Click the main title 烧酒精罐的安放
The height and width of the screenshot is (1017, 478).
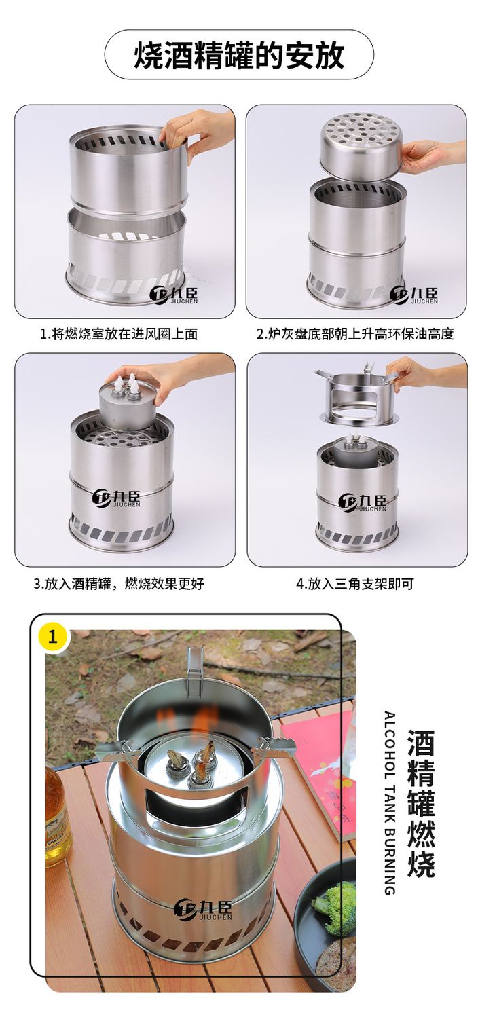(239, 55)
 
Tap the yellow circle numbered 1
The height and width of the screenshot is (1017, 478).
(52, 636)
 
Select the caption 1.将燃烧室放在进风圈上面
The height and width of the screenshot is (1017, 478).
(119, 335)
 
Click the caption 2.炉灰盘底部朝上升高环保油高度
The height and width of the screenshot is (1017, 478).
(355, 335)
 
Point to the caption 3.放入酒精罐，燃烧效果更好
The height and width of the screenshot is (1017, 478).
(119, 583)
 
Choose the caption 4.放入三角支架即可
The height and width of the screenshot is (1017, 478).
(355, 583)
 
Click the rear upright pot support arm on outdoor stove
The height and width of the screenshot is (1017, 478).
(195, 667)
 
